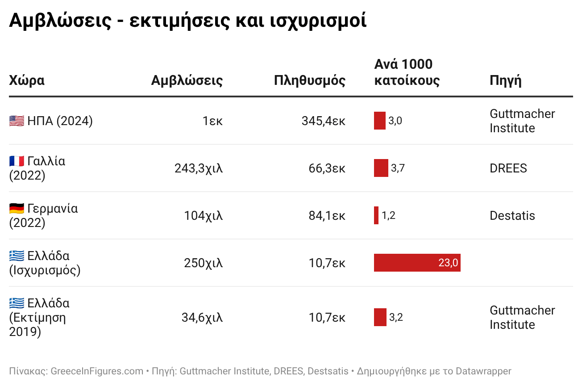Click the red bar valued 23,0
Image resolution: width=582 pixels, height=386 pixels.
417,263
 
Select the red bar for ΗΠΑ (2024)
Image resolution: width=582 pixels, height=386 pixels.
380,121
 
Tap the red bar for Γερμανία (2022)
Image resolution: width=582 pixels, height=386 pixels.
376,215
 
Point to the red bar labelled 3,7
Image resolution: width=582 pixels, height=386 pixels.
381,168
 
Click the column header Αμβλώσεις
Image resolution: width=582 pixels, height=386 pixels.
187,80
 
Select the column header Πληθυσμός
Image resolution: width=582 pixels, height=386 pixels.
309,80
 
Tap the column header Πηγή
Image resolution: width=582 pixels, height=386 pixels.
506,80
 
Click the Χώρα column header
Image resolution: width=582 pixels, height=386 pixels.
27,80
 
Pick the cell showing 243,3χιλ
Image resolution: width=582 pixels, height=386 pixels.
198,168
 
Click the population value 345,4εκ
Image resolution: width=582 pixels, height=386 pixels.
323,121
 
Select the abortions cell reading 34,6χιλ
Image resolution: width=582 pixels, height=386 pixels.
202,317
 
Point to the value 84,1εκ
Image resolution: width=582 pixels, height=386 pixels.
327,215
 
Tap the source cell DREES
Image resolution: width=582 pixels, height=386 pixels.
508,168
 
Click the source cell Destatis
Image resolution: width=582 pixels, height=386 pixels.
512,215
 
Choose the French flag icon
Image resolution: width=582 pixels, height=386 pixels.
17,161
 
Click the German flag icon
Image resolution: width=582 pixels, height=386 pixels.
17,208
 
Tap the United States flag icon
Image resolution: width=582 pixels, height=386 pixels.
17,121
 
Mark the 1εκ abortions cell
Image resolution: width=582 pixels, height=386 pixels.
212,121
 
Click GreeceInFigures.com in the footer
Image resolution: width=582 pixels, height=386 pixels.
97,371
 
